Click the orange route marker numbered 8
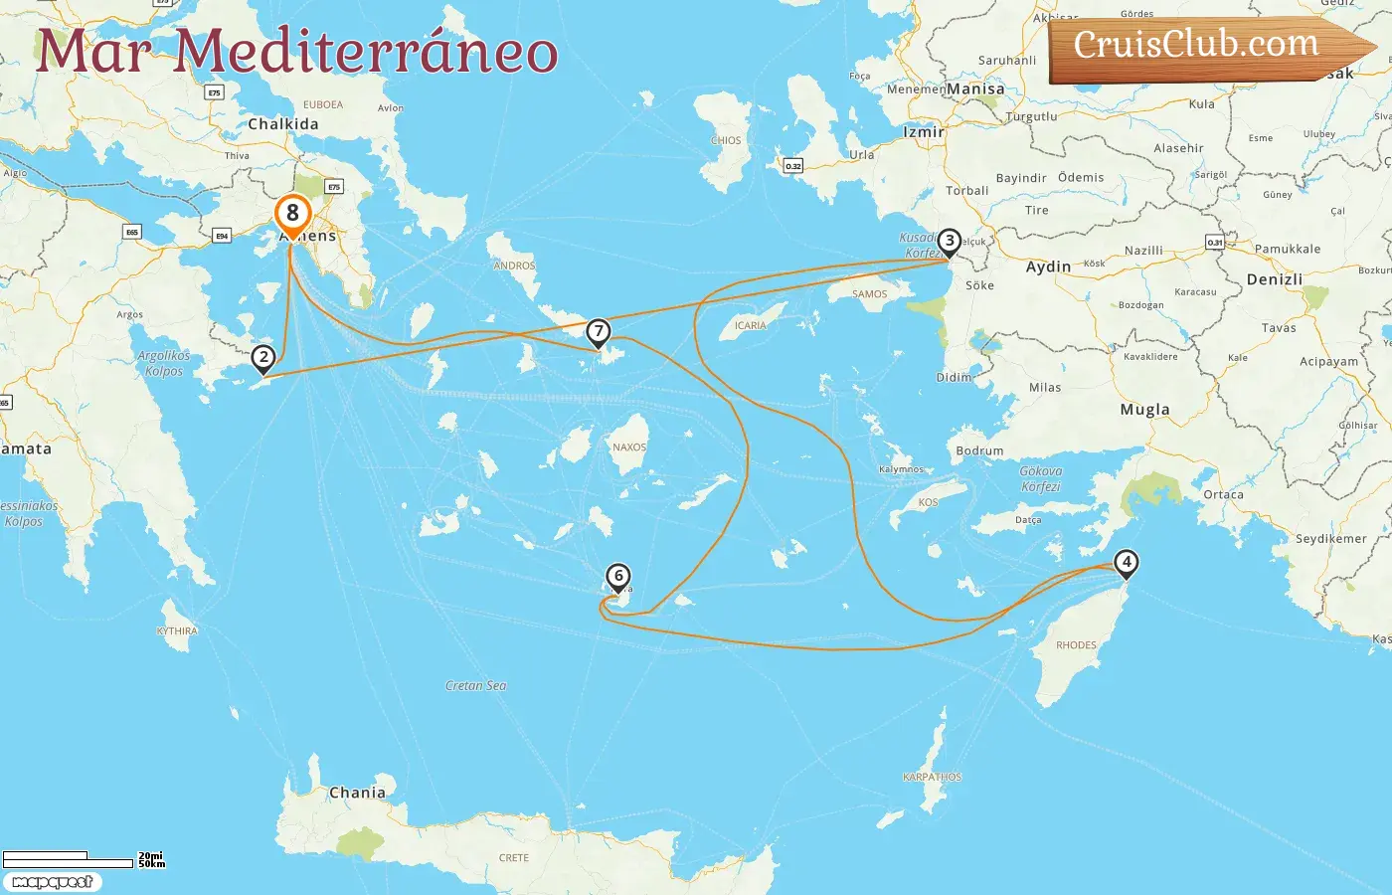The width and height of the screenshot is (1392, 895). pos(292,214)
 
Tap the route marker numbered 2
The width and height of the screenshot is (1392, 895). pos(263,358)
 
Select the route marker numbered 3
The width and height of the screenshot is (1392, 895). pos(950,242)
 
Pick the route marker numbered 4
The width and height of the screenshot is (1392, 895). pos(1126,563)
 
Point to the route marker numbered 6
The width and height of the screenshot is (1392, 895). pos(618,577)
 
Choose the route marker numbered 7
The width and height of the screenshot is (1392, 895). pos(598,332)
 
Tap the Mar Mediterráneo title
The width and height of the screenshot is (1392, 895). pos(296,52)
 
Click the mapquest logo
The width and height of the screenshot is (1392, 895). pos(52,882)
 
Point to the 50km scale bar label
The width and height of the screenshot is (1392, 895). pos(152,864)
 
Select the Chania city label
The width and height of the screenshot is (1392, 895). pos(357,793)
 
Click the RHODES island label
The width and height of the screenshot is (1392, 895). pos(1076,645)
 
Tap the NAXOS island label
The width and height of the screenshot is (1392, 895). pos(628,447)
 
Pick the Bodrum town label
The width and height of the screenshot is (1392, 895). pos(979,450)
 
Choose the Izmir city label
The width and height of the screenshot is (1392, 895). pos(923,132)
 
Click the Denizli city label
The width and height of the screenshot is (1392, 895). pos(1274,279)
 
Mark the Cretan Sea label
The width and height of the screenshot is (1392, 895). pos(475,685)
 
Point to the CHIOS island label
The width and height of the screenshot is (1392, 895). pos(726,140)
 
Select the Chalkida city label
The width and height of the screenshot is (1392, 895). pos(283,124)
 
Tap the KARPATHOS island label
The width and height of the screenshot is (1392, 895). pos(932,777)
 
